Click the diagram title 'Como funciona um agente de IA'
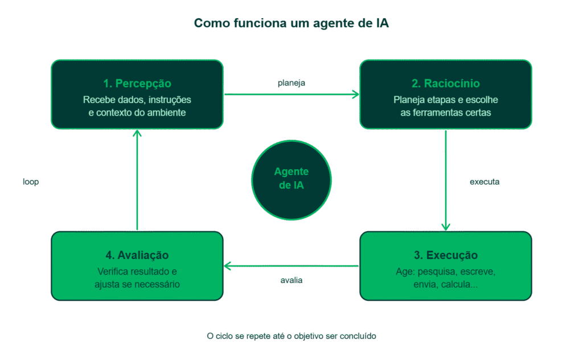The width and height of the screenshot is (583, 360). point(291,23)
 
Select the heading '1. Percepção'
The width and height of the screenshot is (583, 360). point(137,84)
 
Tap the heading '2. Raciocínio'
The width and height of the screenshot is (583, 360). point(445,84)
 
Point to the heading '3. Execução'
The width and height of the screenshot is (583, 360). point(445,255)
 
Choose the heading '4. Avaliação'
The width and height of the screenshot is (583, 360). point(137,255)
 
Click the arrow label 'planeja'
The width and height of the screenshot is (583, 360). point(291,83)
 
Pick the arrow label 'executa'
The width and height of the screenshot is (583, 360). point(485,182)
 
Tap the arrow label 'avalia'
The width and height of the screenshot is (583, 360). point(291,280)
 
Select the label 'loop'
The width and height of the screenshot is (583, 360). point(31,182)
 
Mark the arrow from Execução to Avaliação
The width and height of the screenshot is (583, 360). point(291,266)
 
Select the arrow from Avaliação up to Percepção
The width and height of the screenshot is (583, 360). point(137,180)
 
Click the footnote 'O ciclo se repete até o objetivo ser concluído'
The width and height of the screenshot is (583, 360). point(291,336)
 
